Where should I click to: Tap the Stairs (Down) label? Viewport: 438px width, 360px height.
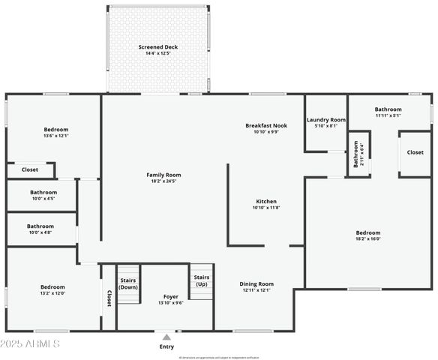pos(128,283)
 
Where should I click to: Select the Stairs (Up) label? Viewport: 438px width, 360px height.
pos(201,281)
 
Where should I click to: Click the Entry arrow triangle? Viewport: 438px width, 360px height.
pos(166,337)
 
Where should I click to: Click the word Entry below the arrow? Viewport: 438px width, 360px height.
pos(166,346)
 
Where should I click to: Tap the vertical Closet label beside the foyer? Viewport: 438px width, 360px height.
pos(109,297)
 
